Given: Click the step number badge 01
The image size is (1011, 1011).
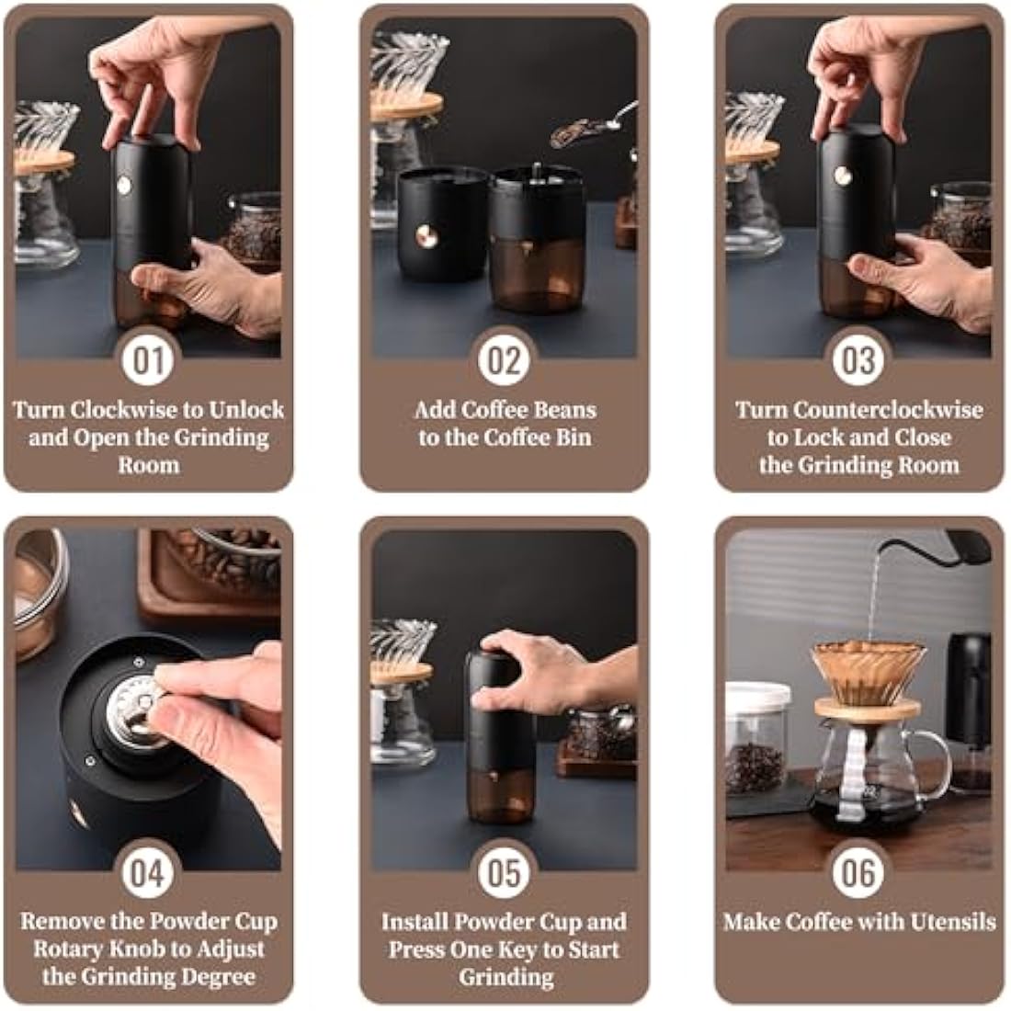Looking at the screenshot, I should (x=148, y=359).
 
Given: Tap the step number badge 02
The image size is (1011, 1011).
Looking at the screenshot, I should (x=504, y=359).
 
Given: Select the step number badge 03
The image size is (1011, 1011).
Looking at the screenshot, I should (x=858, y=359).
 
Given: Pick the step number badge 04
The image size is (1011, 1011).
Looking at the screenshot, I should (x=148, y=871).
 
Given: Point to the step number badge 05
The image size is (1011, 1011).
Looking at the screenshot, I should (x=504, y=871).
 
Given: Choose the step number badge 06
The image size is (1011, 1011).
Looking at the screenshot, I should (x=858, y=871).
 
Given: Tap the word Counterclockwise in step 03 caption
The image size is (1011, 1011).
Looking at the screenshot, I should (x=888, y=410).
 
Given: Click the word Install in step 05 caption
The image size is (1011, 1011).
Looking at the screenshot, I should (x=414, y=921).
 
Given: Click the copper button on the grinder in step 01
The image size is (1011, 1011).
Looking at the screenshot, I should (x=123, y=185).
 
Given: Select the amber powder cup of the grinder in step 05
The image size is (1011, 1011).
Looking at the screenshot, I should (x=501, y=792).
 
